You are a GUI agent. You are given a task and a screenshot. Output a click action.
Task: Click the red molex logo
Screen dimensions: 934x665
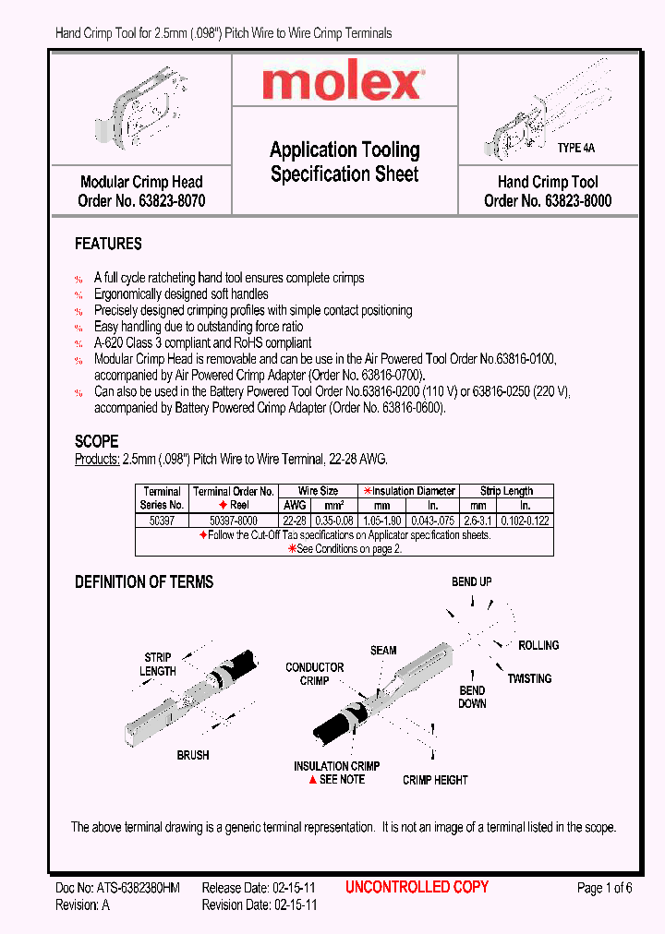coord(343,84)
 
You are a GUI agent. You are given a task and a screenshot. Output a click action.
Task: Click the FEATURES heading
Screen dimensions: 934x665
coord(108,244)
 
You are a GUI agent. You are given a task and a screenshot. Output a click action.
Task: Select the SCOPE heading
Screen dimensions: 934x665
coord(96,441)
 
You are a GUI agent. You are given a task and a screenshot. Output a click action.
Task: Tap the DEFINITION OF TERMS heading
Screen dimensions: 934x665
coord(143,581)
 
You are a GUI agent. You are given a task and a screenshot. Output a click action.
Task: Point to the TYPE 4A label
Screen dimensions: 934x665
coord(575,148)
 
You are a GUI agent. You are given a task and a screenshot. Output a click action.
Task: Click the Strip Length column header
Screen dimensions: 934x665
coord(506,491)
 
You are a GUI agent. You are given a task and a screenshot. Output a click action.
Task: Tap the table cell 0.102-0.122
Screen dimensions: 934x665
coord(526,521)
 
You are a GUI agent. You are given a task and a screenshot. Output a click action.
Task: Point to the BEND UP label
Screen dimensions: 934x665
coord(471,581)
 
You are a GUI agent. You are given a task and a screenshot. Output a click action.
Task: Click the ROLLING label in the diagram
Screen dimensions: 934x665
coord(538,645)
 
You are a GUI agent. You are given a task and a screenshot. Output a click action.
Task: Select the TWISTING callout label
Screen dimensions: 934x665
coord(529,678)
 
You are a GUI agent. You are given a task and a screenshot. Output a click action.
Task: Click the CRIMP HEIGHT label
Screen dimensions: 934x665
coord(435,780)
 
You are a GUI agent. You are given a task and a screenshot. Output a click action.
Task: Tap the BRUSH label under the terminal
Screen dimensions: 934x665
coord(193,755)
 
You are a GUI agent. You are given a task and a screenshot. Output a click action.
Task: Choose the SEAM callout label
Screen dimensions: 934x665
coord(383,650)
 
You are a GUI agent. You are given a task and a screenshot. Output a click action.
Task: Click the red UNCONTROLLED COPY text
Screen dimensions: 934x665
coord(417,887)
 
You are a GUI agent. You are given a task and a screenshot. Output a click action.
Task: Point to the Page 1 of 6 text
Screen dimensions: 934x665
coord(604,888)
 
